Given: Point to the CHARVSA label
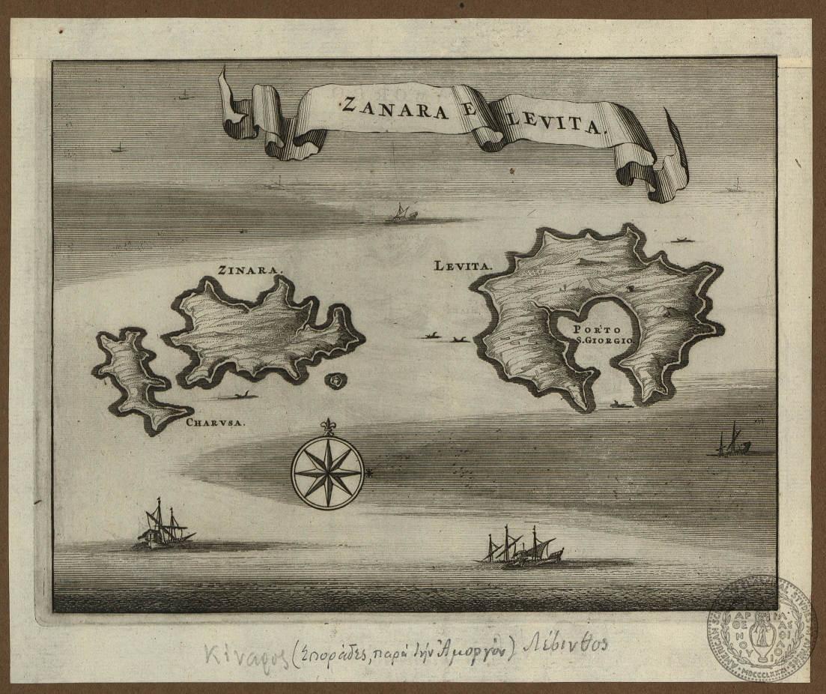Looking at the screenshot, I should [x=216, y=421].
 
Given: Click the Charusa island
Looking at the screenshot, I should [x=133, y=378].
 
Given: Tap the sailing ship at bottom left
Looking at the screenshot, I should [x=163, y=525].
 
